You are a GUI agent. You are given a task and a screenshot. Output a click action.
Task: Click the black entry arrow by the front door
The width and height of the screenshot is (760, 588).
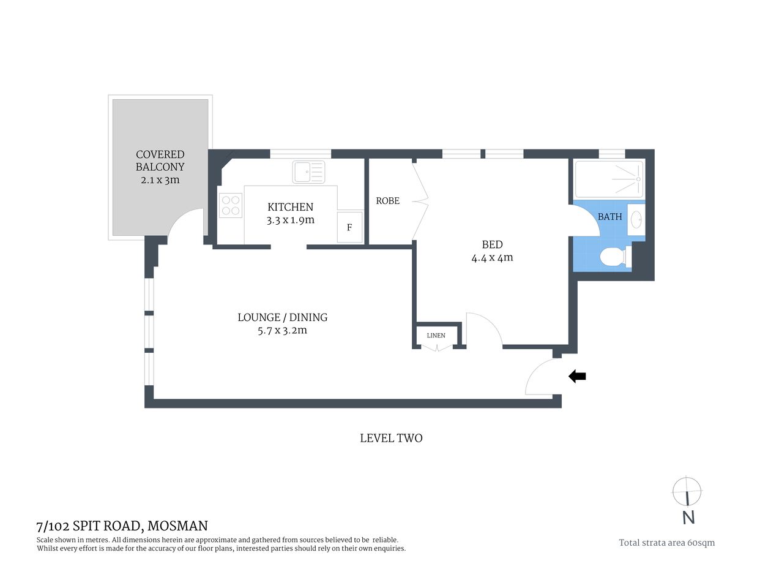click(577, 376)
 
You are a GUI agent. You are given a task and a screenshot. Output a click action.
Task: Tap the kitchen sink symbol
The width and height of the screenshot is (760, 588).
click(308, 171)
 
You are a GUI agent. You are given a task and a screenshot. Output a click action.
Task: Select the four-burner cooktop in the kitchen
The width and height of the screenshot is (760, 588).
click(231, 205)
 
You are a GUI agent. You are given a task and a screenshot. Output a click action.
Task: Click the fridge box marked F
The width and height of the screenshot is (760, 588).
click(349, 227)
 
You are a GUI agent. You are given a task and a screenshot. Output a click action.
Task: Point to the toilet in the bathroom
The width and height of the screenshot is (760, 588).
click(613, 257)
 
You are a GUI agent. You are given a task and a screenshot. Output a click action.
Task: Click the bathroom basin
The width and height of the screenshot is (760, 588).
click(636, 219)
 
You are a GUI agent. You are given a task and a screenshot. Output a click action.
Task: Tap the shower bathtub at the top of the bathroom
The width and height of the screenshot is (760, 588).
click(609, 179)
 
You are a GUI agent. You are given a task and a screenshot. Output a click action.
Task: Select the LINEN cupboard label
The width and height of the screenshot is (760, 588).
click(436, 335)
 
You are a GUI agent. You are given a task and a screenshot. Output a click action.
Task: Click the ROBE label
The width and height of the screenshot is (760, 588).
click(387, 201)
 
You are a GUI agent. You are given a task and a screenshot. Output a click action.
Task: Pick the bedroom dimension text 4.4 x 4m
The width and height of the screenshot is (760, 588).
click(492, 258)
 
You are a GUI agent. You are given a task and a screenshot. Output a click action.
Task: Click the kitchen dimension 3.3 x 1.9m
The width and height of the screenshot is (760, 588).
click(290, 220)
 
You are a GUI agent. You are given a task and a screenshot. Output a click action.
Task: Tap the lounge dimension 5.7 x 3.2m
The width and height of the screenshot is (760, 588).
click(282, 330)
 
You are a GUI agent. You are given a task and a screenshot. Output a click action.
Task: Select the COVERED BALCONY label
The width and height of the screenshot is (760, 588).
click(160, 160)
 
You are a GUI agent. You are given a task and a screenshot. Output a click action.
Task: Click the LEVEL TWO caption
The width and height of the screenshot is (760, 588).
click(390, 438)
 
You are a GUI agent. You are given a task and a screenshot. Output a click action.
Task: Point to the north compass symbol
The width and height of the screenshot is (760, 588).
click(687, 491)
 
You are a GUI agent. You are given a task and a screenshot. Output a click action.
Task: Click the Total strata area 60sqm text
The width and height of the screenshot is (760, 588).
click(666, 542)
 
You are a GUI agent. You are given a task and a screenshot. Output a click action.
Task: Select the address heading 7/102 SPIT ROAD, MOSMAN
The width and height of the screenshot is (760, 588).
click(122, 526)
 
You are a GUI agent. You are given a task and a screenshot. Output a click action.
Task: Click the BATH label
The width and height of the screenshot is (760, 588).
click(609, 217)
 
